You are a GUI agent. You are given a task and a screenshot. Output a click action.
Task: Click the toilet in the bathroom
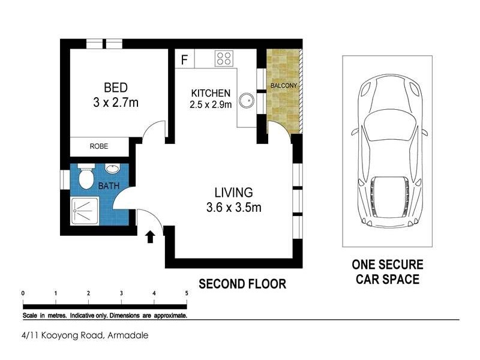86,176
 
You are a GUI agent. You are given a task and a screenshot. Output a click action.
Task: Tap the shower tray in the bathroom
85,212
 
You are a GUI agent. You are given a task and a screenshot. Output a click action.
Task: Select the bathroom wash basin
113,169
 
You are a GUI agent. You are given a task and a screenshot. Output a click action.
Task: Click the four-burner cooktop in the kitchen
224,58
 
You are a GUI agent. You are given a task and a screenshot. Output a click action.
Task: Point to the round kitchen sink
247,100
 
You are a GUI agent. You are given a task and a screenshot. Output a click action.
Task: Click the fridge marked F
184,59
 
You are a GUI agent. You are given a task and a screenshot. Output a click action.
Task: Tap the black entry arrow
150,237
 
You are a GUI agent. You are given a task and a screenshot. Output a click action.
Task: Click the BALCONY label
284,86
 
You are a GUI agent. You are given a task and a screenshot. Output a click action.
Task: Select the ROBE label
99,146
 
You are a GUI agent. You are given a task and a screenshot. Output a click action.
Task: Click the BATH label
109,186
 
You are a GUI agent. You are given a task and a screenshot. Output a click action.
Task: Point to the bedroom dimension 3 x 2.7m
116,103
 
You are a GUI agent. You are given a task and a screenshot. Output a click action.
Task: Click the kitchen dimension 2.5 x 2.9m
211,104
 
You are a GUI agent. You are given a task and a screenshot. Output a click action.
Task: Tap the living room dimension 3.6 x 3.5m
234,208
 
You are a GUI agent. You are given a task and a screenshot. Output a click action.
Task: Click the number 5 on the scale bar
187,293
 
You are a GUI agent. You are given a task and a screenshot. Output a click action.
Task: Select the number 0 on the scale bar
23,293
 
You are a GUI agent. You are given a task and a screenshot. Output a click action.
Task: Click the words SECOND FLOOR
242,284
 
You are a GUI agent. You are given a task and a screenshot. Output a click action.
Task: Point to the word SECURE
401,265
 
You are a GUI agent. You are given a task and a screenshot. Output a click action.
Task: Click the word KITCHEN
211,93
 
